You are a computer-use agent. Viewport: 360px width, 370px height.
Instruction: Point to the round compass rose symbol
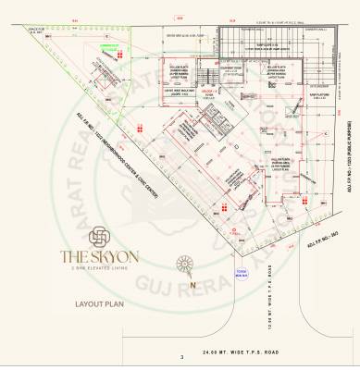click(x=185, y=265)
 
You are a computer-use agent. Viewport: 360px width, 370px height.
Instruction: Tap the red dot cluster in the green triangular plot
click(x=120, y=56)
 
